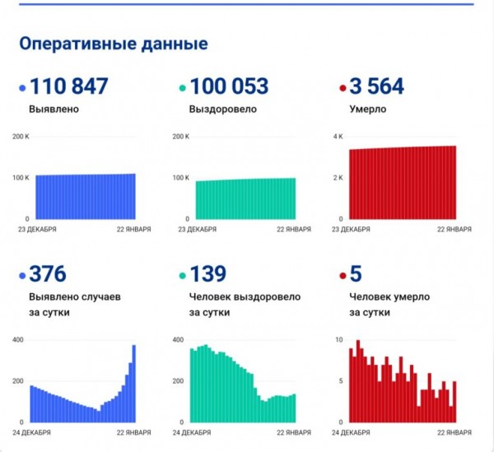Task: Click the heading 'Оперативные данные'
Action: pyautogui.click(x=113, y=44)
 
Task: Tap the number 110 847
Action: pyautogui.click(x=69, y=86)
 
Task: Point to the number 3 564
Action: pyautogui.click(x=380, y=86)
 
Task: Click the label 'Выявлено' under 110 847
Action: pyautogui.click(x=54, y=108)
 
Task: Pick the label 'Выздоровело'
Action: pyautogui.click(x=223, y=108)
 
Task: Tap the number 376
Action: pyautogui.click(x=47, y=274)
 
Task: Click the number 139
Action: pyautogui.click(x=207, y=274)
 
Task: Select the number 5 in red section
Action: pyautogui.click(x=357, y=274)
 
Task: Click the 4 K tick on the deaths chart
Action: pyautogui.click(x=338, y=137)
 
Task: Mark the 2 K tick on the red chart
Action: pyautogui.click(x=338, y=178)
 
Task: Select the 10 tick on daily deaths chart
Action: pyautogui.click(x=338, y=339)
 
